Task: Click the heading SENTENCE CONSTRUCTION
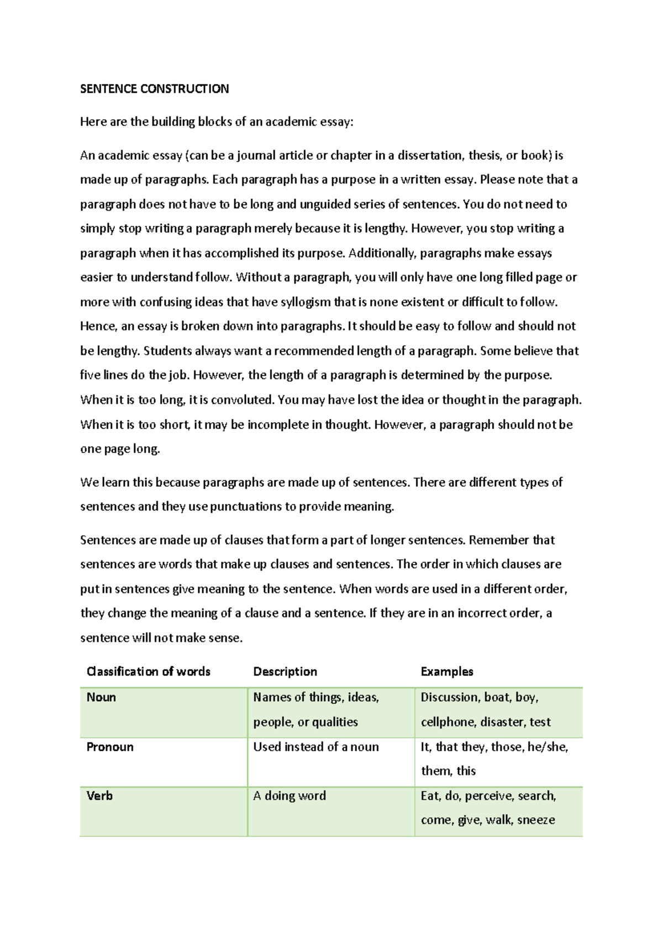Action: [x=154, y=89]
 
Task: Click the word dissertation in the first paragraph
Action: [x=430, y=155]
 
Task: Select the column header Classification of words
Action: [x=149, y=671]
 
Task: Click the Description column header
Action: [x=285, y=671]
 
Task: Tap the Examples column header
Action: [x=447, y=671]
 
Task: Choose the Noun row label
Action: [x=101, y=697]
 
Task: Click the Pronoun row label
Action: [x=110, y=747]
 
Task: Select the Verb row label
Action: [x=99, y=796]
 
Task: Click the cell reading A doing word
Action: [x=290, y=796]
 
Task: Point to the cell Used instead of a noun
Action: [x=316, y=747]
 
